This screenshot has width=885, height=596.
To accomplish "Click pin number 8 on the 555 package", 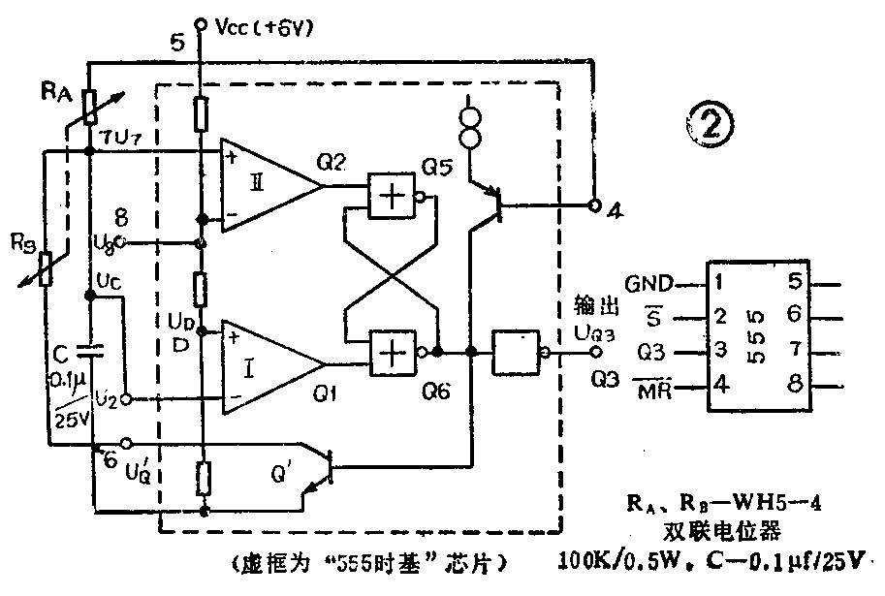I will tap(792, 386).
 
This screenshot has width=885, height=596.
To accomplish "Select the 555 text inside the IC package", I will tap(755, 334).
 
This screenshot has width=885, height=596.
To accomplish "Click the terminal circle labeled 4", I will tap(593, 205).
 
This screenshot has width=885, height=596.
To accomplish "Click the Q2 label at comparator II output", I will tap(332, 162).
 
